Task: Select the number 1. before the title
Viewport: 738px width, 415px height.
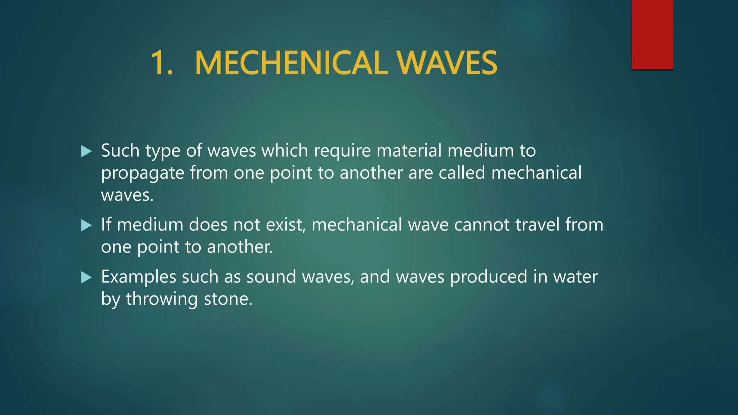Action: click(x=162, y=63)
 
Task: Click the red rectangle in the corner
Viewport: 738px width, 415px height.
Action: click(x=652, y=34)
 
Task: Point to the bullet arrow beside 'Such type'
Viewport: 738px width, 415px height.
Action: click(x=86, y=151)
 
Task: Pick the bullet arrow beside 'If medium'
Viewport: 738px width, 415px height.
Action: click(x=86, y=226)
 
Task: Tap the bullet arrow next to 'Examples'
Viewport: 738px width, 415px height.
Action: click(x=86, y=277)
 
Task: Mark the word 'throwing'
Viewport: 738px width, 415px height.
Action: click(x=162, y=299)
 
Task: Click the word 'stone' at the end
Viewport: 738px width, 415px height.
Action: click(x=226, y=299)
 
